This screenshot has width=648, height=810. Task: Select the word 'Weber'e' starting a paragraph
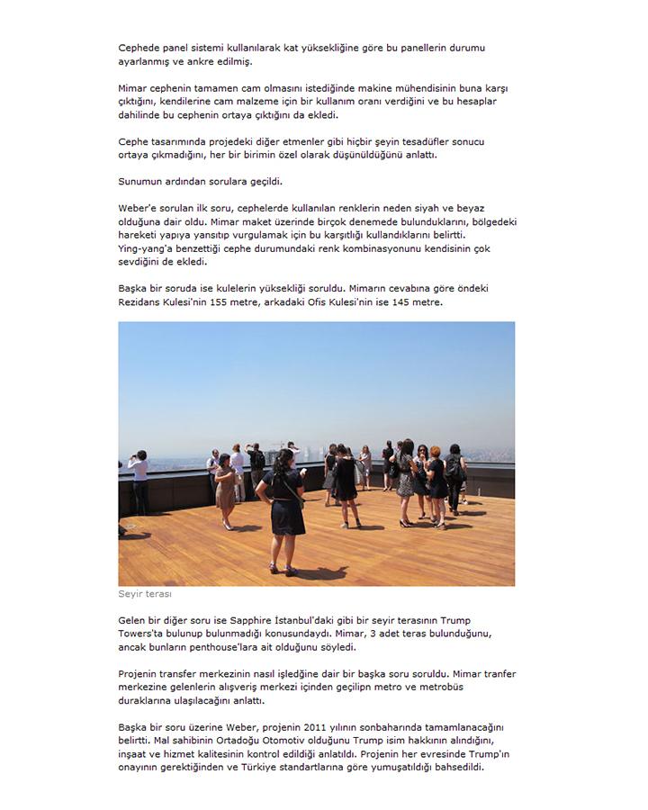click(x=138, y=208)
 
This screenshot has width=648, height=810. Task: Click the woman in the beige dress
click(x=226, y=486)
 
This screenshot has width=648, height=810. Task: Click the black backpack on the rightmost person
click(x=453, y=467)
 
